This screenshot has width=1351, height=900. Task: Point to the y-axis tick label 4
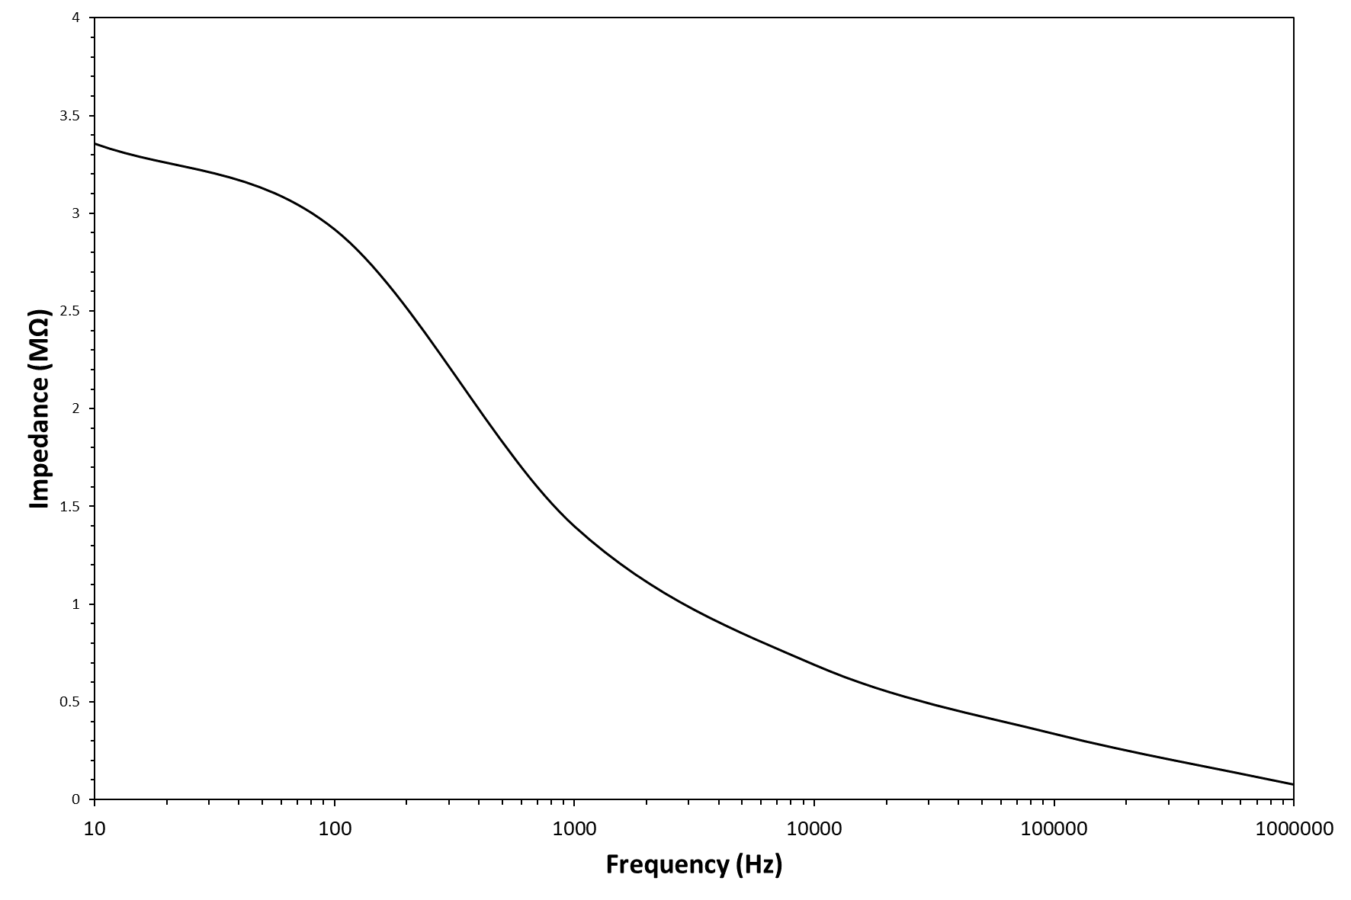[75, 18]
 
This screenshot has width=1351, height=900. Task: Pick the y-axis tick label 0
[75, 799]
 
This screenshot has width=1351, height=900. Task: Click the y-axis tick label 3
[75, 213]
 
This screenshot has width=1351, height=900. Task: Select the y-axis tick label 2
[75, 408]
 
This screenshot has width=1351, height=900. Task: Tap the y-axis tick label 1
[75, 604]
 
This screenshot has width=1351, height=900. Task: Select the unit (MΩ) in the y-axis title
[39, 333]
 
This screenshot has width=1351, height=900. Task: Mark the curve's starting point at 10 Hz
[95, 143]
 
